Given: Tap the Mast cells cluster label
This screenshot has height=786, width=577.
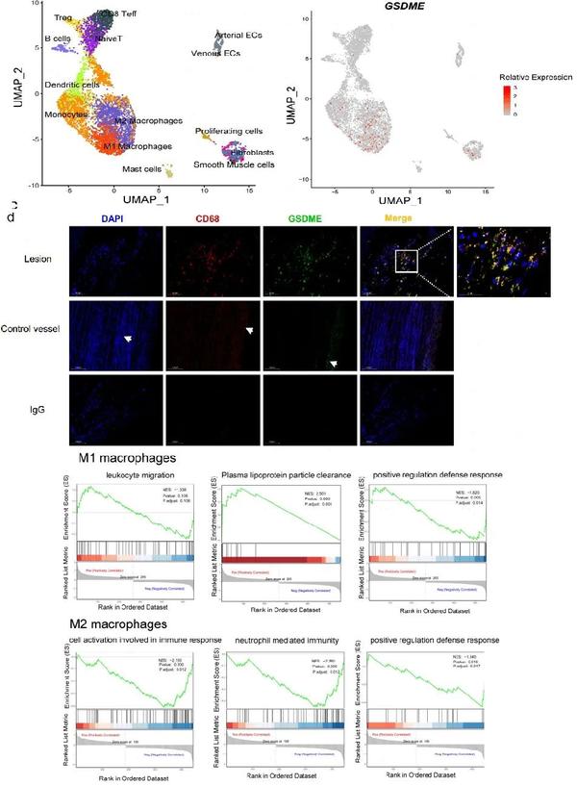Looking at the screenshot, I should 139,169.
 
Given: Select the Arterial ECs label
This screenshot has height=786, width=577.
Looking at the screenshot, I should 240,36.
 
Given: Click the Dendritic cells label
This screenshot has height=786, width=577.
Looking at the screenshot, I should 72,86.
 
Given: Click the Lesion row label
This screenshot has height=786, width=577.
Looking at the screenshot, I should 35,258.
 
